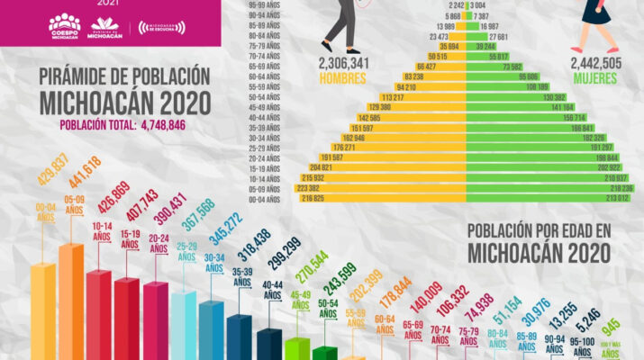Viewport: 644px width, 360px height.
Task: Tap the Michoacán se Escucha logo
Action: tap(161, 28)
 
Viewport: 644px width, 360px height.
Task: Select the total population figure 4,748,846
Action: tap(162, 125)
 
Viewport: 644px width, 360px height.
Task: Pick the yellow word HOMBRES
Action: tap(344, 78)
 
